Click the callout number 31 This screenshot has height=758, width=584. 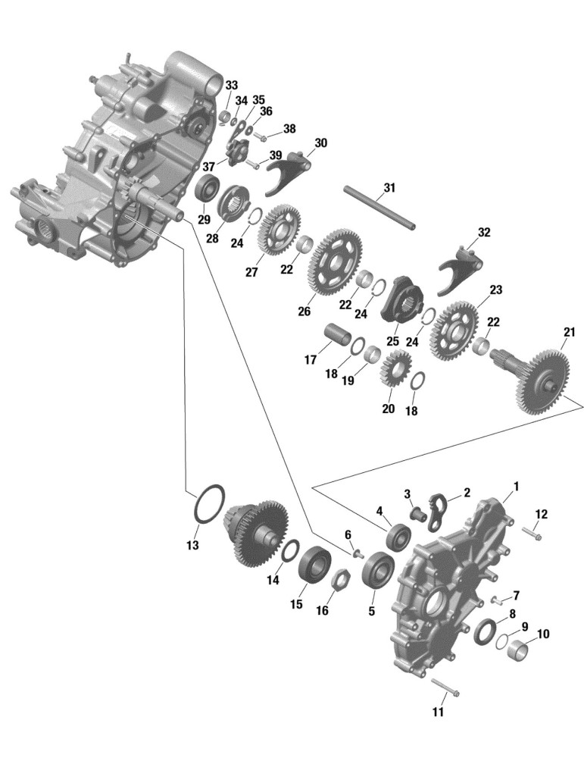(389, 187)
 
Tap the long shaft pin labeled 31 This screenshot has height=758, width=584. (379, 208)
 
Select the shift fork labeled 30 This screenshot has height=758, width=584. (289, 171)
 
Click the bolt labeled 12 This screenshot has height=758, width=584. (531, 533)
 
